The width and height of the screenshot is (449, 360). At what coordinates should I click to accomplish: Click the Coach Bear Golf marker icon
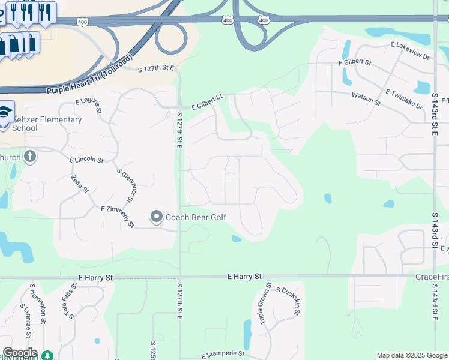pyautogui.click(x=157, y=217)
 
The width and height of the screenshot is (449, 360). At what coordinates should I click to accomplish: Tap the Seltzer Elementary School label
pyautogui.click(x=46, y=124)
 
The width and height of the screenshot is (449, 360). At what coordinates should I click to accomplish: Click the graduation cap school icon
pyautogui.click(x=4, y=113)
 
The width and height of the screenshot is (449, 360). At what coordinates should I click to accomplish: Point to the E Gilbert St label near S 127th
pyautogui.click(x=207, y=101)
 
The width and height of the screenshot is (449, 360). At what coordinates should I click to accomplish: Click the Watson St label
pyautogui.click(x=366, y=98)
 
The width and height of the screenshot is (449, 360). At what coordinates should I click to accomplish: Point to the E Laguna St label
pyautogui.click(x=89, y=106)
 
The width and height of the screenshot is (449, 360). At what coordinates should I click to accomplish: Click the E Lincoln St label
pyautogui.click(x=86, y=161)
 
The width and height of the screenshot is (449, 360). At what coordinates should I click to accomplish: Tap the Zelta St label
pyautogui.click(x=79, y=184)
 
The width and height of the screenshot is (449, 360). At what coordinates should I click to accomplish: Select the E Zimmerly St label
pyautogui.click(x=117, y=216)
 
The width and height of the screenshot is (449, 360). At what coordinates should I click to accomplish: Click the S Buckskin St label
pyautogui.click(x=288, y=300)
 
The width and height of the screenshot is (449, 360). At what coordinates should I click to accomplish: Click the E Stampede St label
pyautogui.click(x=223, y=355)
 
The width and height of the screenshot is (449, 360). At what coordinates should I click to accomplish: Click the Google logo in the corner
pyautogui.click(x=19, y=353)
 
